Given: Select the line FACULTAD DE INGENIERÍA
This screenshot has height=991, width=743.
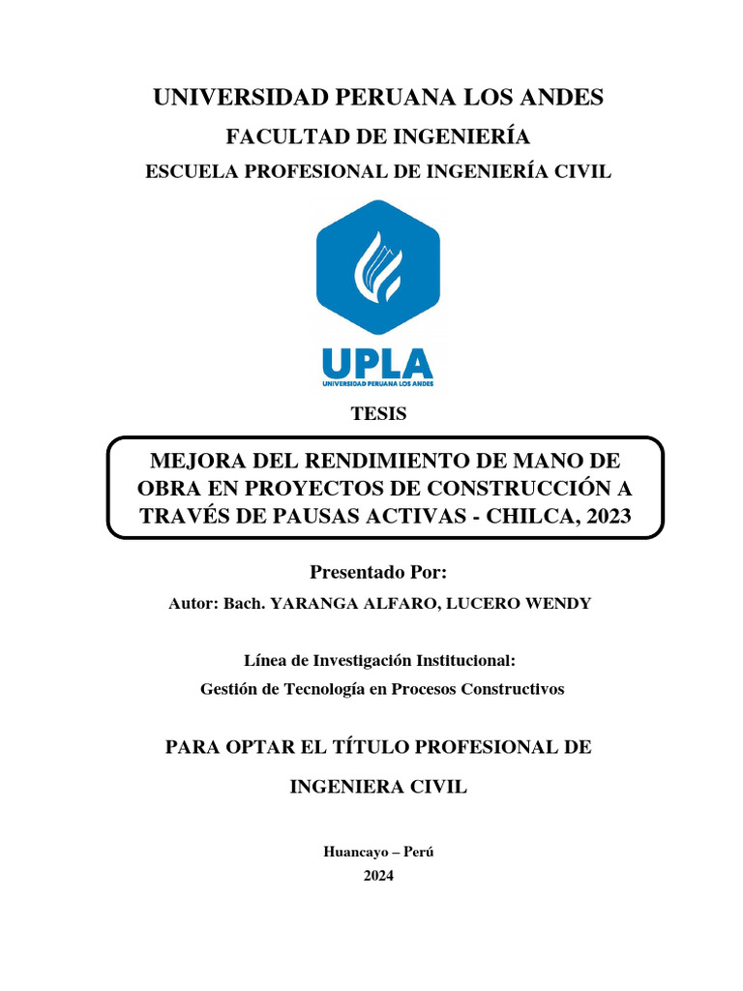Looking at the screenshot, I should click(377, 137).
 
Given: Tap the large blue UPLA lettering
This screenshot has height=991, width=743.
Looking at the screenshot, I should click(377, 364).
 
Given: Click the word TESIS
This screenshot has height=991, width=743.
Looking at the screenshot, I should click(378, 414).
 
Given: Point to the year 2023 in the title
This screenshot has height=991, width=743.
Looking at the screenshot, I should click(606, 516).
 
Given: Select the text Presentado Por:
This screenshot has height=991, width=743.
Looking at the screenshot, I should click(378, 572).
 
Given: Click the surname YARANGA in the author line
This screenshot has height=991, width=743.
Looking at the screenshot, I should click(314, 604).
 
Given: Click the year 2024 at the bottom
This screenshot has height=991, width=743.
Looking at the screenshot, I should click(378, 876).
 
